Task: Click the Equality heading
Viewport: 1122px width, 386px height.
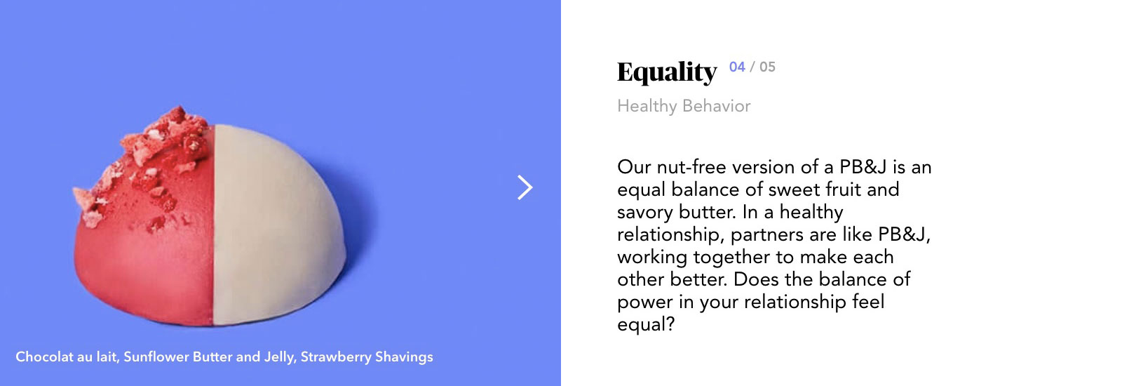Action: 667,72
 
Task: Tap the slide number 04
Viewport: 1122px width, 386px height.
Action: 737,67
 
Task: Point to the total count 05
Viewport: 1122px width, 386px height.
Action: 767,67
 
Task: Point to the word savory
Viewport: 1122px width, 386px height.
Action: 645,212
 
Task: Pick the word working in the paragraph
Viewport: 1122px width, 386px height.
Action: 653,257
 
